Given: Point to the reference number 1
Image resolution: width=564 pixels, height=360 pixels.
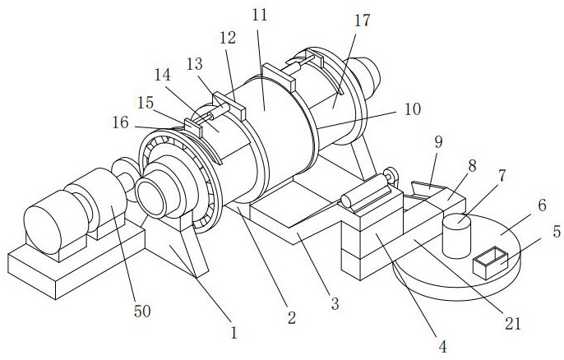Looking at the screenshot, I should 234,333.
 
